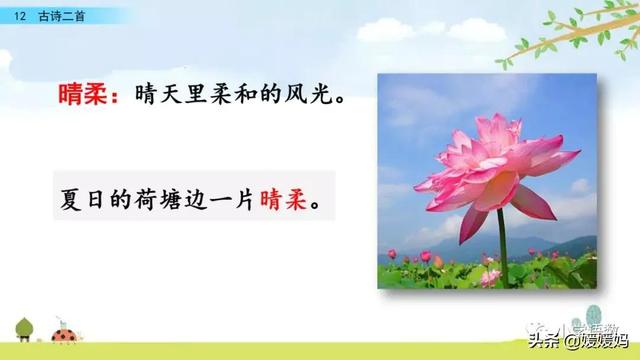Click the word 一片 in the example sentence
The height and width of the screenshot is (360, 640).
242,199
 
